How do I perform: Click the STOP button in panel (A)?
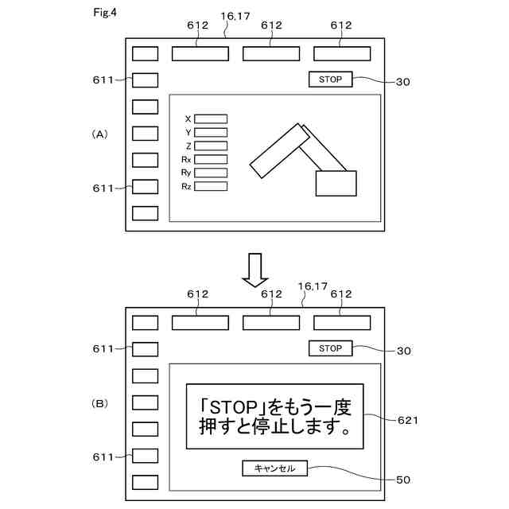tap(329, 80)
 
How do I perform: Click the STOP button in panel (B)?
tap(329, 348)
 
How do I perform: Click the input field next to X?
tap(211, 119)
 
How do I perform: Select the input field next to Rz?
tap(211, 186)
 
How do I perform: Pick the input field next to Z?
tap(211, 146)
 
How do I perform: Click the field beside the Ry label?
tap(211, 173)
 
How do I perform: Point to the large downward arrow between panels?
tap(256, 270)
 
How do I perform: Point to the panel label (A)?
tap(99, 134)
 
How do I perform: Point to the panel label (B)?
tap(99, 403)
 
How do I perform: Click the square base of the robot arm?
tap(336, 183)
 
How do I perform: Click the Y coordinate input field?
tap(211, 133)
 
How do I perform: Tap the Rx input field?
tap(211, 159)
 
